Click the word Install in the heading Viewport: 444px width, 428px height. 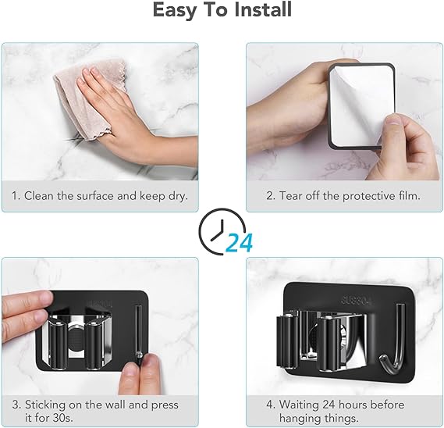tap(263, 9)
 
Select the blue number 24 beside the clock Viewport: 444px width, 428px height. tap(240, 243)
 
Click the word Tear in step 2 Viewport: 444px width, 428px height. tap(290, 196)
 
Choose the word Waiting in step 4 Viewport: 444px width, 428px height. tap(299, 405)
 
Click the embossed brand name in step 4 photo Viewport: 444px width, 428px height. tap(356, 300)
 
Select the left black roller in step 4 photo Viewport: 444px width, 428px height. tap(288, 342)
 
